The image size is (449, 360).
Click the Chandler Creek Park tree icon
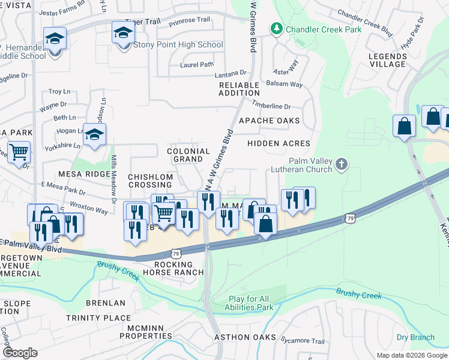tap(277, 29)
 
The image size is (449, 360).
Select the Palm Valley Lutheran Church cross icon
tap(342, 163)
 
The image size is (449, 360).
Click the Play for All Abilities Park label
tap(251, 303)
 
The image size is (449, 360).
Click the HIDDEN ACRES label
tap(279, 143)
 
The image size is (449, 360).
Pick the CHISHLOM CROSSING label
tap(150, 181)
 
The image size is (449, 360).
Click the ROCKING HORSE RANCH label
tap(174, 268)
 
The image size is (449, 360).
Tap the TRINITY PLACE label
tap(98, 318)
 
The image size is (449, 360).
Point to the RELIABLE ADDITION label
tap(239, 89)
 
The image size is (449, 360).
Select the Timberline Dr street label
tap(271, 106)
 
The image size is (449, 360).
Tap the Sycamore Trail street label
tap(303, 341)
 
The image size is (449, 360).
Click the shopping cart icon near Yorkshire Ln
tap(19, 152)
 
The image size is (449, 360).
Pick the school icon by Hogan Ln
tap(95, 134)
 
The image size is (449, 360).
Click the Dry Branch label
tap(415, 337)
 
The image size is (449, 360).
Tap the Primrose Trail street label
tap(190, 20)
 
